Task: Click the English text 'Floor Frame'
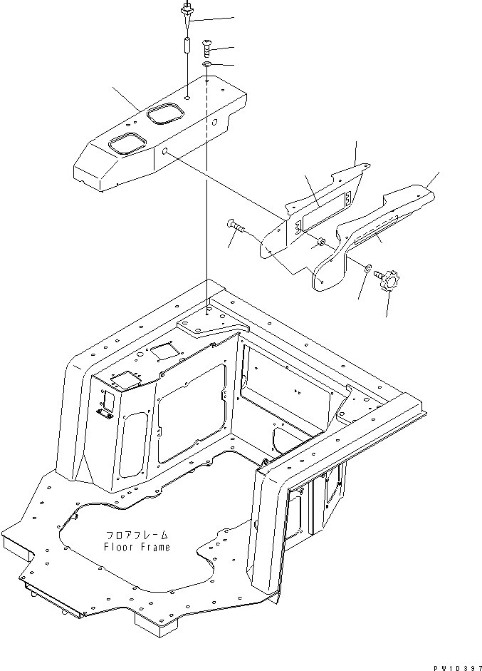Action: pyautogui.click(x=137, y=547)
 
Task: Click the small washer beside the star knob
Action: pyautogui.click(x=367, y=268)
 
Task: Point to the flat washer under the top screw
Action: pyautogui.click(x=206, y=66)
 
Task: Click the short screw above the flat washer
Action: pyautogui.click(x=206, y=48)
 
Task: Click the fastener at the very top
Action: pyautogui.click(x=187, y=10)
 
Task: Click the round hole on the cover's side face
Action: pyautogui.click(x=164, y=152)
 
